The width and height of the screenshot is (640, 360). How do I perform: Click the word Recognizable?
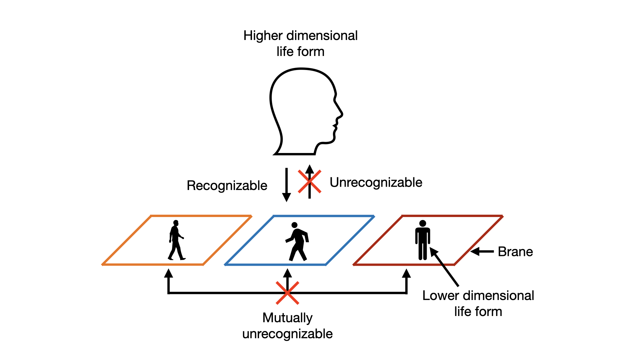point(227,186)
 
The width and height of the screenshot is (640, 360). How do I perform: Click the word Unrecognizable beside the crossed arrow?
point(376,182)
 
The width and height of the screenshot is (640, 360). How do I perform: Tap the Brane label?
point(515,252)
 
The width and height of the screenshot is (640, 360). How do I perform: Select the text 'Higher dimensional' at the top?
point(300,36)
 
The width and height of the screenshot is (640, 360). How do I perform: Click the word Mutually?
point(287,318)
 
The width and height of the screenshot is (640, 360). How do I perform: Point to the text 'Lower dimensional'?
point(478,296)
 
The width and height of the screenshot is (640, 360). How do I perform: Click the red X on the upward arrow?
point(310,182)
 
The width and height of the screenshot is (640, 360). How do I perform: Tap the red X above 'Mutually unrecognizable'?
point(287,293)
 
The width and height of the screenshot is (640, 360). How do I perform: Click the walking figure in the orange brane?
point(176,240)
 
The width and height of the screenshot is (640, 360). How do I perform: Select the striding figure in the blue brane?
point(297,242)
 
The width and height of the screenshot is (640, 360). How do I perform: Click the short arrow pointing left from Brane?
point(482,252)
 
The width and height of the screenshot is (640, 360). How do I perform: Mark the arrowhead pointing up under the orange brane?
point(169,273)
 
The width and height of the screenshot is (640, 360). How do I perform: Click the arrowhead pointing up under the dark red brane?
point(406,273)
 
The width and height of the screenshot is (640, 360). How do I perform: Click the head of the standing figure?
point(423,223)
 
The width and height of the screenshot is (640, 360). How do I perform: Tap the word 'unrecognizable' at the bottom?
point(287,334)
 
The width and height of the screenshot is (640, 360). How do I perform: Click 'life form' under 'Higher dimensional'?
point(300,52)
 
